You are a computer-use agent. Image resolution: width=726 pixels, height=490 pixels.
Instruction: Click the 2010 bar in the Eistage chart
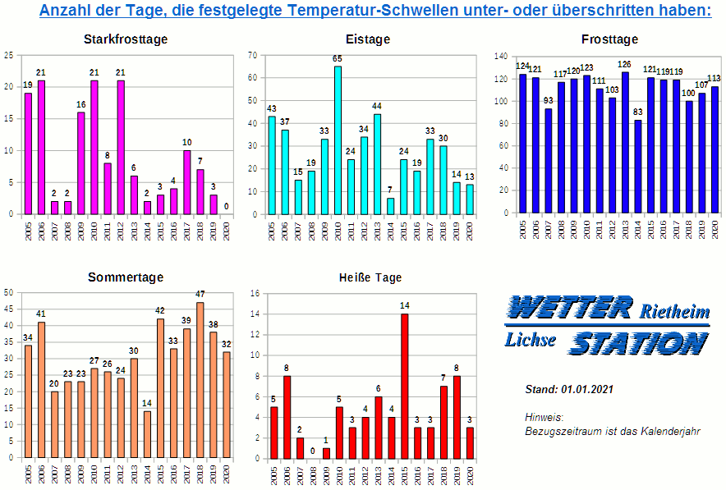point(338,140)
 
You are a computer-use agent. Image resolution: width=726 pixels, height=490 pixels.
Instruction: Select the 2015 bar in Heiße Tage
point(404,386)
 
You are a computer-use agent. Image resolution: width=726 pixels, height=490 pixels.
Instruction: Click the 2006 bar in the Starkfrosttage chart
point(41,147)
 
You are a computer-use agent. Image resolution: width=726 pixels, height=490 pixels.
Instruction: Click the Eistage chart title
point(368,39)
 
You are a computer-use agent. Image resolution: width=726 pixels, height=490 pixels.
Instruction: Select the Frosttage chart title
point(609,39)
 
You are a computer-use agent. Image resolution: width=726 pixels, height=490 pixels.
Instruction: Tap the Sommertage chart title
point(126,277)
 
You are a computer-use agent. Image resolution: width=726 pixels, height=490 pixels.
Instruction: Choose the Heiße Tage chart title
point(370,277)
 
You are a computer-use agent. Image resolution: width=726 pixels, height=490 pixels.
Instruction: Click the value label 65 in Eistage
point(338,58)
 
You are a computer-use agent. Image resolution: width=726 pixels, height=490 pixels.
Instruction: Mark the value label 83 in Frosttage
point(638,112)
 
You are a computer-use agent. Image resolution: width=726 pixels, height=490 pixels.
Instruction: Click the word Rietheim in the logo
point(674,311)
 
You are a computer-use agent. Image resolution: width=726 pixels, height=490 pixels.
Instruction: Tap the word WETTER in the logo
point(568,308)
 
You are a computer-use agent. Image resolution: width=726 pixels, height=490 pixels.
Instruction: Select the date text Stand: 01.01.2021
point(569,389)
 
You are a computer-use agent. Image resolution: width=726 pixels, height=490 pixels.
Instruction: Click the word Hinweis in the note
point(543,417)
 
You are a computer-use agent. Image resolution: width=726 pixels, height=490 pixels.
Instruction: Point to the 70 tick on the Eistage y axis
point(253,55)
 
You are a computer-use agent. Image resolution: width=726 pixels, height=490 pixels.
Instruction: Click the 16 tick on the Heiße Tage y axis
point(255,293)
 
